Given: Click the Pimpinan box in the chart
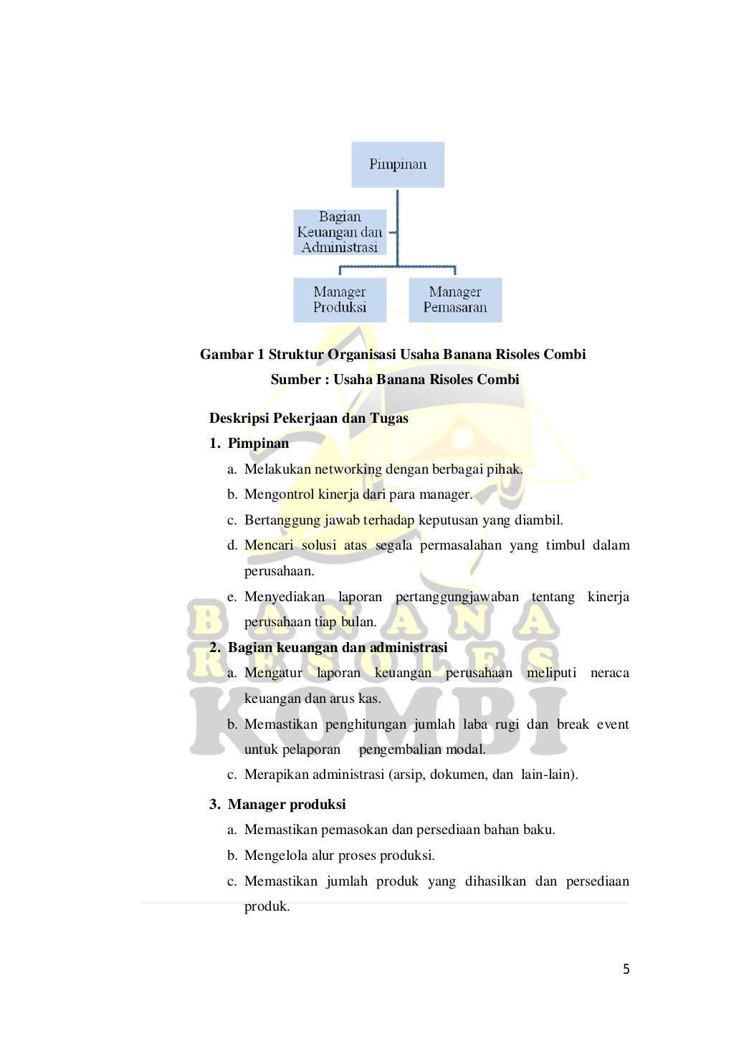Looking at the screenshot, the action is pyautogui.click(x=398, y=165).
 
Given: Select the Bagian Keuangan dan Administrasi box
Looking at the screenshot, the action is pyautogui.click(x=340, y=232).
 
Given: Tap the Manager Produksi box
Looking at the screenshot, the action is pyautogui.click(x=340, y=300).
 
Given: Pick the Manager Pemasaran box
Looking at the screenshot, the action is pyautogui.click(x=455, y=300).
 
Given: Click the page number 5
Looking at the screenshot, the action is pyautogui.click(x=626, y=969).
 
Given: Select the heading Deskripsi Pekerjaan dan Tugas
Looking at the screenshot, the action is pyautogui.click(x=308, y=418).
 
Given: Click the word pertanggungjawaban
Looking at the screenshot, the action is pyautogui.click(x=457, y=597).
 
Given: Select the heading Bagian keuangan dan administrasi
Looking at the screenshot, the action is pyautogui.click(x=337, y=648).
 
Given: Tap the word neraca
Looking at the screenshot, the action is pyautogui.click(x=609, y=673).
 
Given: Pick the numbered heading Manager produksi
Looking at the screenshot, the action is pyautogui.click(x=286, y=805).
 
